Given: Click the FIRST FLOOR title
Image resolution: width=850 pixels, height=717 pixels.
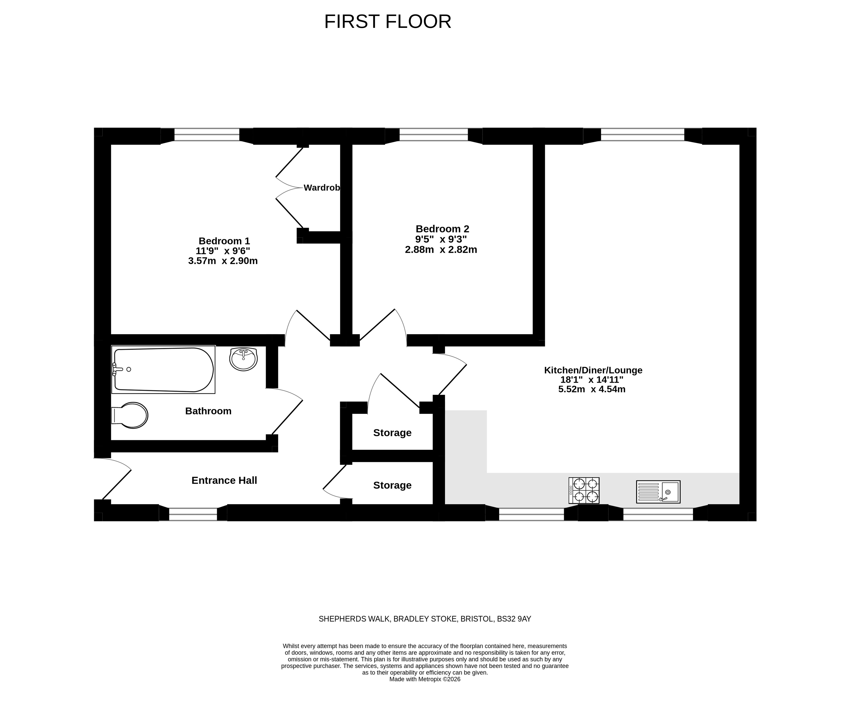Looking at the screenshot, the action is click(388, 22).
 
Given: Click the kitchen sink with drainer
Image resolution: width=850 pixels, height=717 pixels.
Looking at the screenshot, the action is click(658, 491).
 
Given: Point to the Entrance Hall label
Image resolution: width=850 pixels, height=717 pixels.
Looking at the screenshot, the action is click(224, 480).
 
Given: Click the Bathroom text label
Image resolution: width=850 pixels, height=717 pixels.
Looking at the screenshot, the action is click(208, 411).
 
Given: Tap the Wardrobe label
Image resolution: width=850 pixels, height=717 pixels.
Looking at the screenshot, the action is click(322, 188).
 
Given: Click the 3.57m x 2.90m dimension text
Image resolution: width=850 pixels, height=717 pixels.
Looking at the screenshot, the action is click(223, 261).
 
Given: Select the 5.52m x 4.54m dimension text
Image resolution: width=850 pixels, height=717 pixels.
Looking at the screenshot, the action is click(592, 389).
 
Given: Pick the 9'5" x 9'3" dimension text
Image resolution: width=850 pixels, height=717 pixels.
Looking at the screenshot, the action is click(441, 239).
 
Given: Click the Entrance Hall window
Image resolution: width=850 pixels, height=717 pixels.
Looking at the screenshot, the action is click(193, 514).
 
